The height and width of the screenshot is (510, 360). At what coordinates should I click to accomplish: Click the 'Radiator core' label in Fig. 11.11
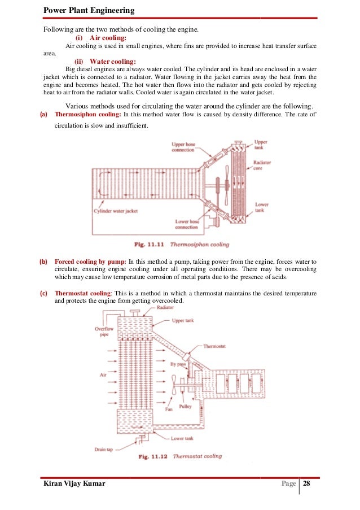point(262,165)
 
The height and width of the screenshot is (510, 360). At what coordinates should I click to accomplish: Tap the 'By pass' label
point(178,365)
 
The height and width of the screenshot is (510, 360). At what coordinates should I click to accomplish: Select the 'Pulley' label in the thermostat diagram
point(185,406)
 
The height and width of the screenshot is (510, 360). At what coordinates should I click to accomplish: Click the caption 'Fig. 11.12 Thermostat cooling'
point(180,456)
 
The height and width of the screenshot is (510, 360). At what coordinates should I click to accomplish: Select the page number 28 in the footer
point(307,484)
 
